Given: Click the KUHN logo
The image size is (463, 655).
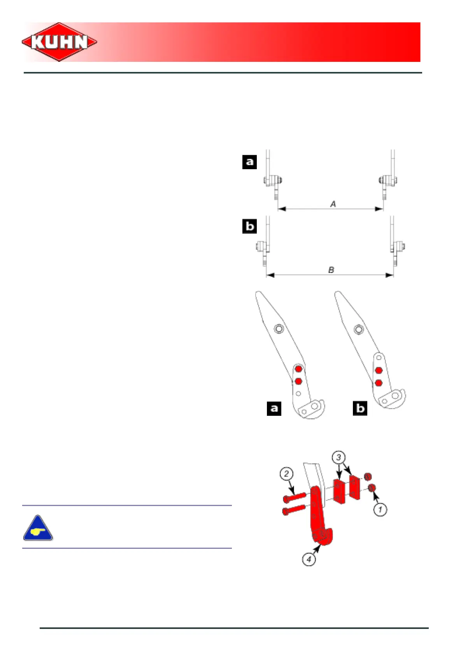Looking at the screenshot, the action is click(x=59, y=42).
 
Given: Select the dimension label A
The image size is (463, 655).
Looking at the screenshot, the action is click(x=333, y=204).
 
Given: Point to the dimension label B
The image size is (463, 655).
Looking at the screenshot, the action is click(x=331, y=270).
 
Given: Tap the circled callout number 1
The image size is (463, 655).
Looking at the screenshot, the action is click(x=380, y=509).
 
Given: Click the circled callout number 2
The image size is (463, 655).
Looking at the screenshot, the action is click(x=286, y=474).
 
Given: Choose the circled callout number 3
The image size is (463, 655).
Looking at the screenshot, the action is click(x=338, y=457).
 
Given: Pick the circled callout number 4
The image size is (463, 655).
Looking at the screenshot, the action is click(x=309, y=559).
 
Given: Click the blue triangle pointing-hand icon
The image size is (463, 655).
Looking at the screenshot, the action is click(x=38, y=528).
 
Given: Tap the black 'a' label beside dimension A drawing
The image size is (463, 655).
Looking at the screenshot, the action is click(x=249, y=161).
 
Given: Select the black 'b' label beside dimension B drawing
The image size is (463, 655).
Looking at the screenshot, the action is click(x=249, y=226).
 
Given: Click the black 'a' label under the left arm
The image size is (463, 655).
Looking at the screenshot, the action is click(x=274, y=408).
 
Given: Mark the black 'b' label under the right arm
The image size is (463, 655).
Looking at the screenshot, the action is click(x=360, y=408).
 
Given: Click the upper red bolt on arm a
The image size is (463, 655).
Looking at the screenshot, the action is click(x=298, y=369).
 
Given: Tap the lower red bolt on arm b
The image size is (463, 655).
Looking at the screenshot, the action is click(x=378, y=383).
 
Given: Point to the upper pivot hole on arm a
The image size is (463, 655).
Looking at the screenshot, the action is click(x=279, y=329).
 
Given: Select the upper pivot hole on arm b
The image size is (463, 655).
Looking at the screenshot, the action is click(x=358, y=330).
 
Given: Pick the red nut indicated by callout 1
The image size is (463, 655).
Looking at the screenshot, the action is click(x=372, y=487).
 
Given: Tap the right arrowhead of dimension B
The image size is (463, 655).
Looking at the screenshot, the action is click(x=389, y=275).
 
